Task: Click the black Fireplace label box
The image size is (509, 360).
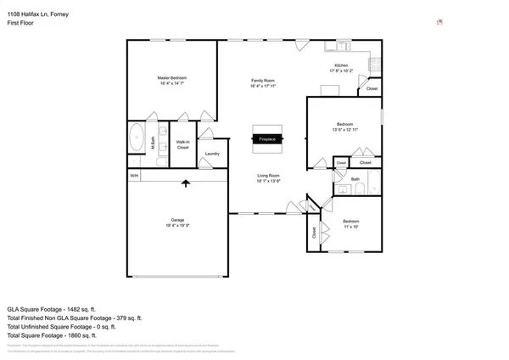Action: click(x=266, y=138)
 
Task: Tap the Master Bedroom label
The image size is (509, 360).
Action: click(x=171, y=77)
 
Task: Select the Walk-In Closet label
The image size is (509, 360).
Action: click(x=182, y=144)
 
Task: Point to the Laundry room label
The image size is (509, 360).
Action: click(x=212, y=154)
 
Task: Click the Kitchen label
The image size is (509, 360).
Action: click(x=340, y=65)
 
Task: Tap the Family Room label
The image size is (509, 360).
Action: click(x=262, y=80)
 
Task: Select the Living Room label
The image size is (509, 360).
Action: click(x=269, y=176)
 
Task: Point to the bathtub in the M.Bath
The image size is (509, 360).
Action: click(x=136, y=137)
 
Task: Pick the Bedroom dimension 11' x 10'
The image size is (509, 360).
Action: click(x=350, y=226)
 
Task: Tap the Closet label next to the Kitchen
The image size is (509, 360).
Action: click(x=372, y=88)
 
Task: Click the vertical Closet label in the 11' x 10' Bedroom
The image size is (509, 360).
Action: click(x=314, y=231)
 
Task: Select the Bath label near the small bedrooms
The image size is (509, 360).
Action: click(x=355, y=179)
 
